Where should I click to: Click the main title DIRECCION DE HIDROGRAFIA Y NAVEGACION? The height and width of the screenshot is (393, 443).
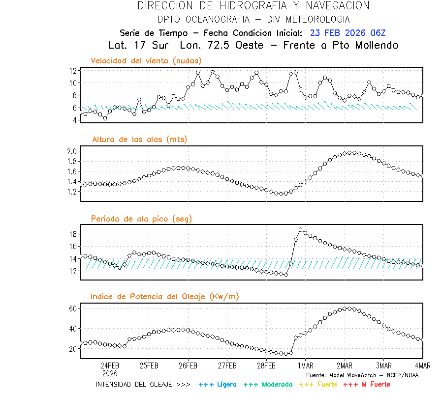[253, 6]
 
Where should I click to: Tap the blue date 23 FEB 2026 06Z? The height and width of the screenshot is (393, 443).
[348, 33]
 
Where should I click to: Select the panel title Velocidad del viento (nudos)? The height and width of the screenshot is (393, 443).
[146, 60]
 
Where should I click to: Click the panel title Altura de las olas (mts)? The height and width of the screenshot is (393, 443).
[139, 140]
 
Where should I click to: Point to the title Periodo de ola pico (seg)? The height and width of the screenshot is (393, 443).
[141, 219]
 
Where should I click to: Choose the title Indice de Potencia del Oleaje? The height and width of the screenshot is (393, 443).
[165, 296]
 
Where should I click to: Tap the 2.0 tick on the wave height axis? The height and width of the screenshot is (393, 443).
[71, 151]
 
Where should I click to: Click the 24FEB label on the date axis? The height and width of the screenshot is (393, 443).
[110, 365]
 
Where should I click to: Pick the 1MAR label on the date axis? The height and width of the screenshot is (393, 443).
[305, 365]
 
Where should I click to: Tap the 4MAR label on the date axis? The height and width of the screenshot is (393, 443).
[422, 365]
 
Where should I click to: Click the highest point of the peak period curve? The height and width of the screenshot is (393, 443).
[301, 229]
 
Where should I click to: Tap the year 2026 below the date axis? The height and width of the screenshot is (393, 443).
[110, 373]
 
